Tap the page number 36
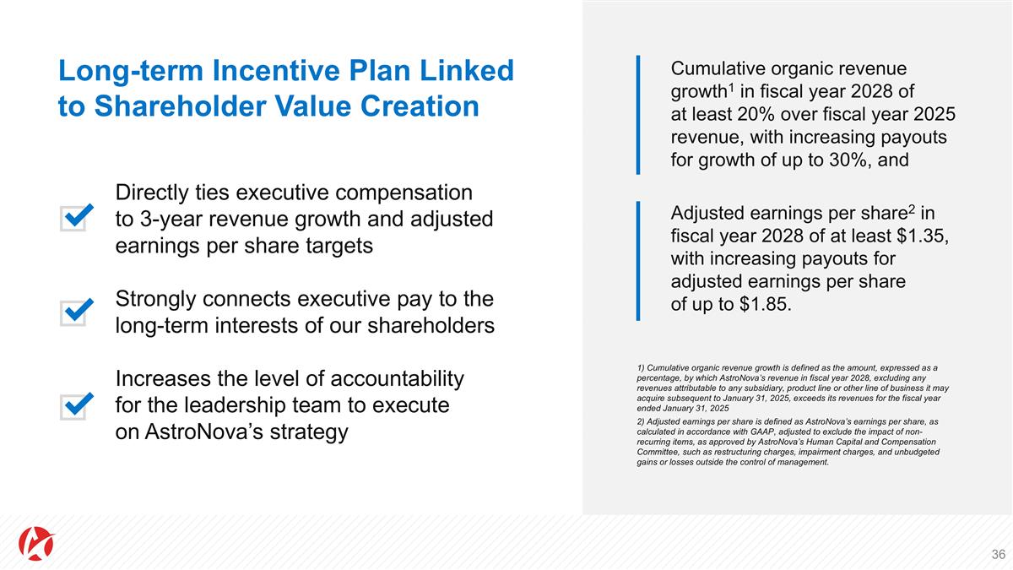coord(998,555)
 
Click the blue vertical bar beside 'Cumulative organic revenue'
coord(638,114)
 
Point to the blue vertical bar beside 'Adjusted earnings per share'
coord(638,260)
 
